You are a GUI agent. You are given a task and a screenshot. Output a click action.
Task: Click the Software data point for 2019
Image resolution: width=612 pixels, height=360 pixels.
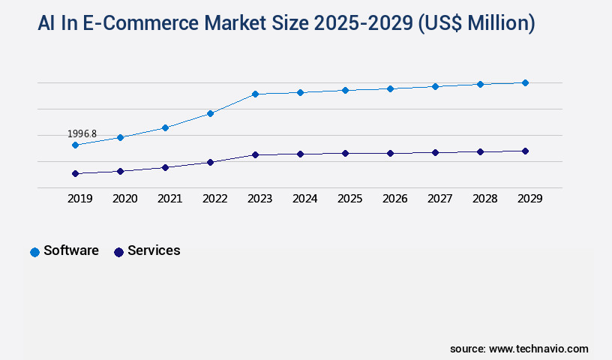pos(75,145)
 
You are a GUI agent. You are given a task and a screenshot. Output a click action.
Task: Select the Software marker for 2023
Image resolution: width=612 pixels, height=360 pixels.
pos(255,94)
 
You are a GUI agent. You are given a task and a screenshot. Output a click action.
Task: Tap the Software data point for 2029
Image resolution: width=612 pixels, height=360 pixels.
pos(525,82)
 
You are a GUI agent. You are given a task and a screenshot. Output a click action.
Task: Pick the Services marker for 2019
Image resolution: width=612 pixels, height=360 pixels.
pos(75,173)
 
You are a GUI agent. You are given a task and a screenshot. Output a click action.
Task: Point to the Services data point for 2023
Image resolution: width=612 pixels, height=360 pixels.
pos(255,154)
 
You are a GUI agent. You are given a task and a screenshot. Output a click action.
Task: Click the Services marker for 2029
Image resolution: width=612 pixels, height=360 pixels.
pos(525,151)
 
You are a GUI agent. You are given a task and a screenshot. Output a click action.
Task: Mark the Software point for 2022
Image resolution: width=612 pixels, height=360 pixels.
pos(210,113)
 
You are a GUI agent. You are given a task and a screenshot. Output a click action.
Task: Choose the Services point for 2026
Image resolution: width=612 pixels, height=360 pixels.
pos(390,153)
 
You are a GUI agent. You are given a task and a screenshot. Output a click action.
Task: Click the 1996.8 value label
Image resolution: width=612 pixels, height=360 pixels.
pos(82,133)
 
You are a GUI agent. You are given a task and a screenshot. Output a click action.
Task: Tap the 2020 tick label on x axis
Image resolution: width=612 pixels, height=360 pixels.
pos(124,199)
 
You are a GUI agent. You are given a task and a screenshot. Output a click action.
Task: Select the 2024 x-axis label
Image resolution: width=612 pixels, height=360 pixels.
pos(304,199)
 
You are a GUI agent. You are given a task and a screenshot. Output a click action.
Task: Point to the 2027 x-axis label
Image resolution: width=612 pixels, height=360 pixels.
pos(439,199)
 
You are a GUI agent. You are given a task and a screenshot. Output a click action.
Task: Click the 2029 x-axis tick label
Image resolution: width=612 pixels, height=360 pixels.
pos(529,199)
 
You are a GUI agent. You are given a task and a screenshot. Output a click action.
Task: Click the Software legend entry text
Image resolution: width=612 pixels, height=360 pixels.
pos(71,250)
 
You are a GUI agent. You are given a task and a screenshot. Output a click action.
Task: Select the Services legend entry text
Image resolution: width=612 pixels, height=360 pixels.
pos(154,250)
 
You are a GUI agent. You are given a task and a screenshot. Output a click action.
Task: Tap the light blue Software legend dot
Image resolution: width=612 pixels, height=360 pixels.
pos(34,252)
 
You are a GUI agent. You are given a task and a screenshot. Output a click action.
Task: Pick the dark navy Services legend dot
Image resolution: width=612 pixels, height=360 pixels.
pos(118,252)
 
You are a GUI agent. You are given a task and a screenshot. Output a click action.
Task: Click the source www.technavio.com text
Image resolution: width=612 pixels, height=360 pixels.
pos(519,349)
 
